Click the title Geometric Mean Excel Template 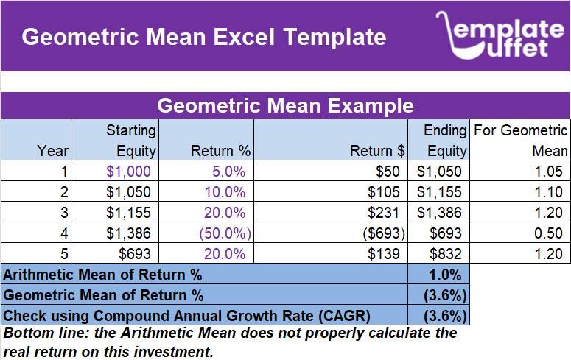[203, 37]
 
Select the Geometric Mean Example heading [285, 105]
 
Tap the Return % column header [220, 151]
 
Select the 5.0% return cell [228, 172]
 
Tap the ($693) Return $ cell [382, 233]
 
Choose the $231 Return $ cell [389, 213]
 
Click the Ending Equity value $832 [447, 254]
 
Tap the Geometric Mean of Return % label [103, 295]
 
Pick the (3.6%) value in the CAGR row [444, 316]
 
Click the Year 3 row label [64, 213]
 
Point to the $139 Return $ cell [389, 254]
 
